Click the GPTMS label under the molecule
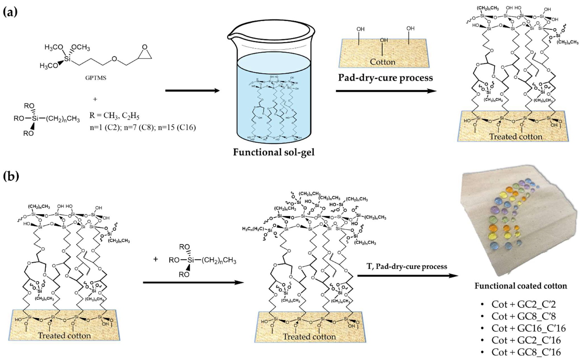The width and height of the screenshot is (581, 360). point(95,78)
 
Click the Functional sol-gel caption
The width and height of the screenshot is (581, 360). point(273,152)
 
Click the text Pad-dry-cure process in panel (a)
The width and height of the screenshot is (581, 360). point(385,78)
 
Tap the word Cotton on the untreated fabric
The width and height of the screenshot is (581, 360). point(383,62)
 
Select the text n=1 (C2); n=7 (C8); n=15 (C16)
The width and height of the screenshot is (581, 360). point(143,127)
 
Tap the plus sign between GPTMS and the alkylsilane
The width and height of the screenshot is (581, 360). point(95,99)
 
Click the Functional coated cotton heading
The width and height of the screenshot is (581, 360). point(520,286)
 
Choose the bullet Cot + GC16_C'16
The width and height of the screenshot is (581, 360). point(528,328)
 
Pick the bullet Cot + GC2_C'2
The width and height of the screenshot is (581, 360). point(523,304)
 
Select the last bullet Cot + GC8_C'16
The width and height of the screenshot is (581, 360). point(526,352)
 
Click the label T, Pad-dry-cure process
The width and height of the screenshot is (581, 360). point(407,266)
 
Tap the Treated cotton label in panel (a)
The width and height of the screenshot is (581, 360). point(516,137)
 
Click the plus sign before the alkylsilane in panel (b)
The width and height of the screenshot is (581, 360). point(156,259)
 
